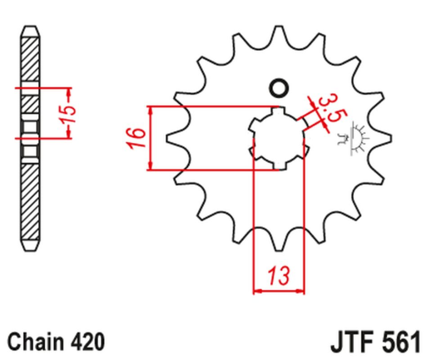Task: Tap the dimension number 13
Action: (280, 274)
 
